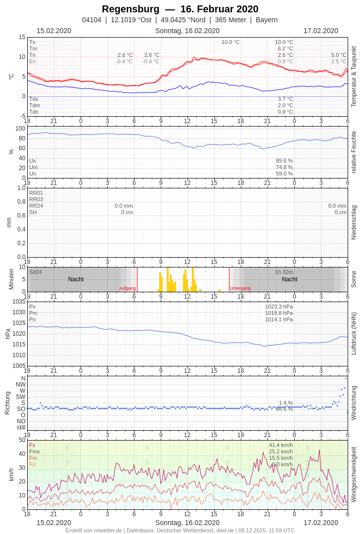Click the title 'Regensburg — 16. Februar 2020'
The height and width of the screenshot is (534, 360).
click(180, 9)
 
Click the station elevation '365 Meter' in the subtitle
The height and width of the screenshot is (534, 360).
click(230, 20)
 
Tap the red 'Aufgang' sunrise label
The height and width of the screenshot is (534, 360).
click(127, 288)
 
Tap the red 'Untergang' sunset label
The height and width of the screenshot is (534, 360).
click(240, 288)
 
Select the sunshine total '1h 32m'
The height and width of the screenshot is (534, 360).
click(284, 272)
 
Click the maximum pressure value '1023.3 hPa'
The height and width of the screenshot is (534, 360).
click(279, 307)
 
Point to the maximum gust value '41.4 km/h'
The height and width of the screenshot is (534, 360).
click(281, 445)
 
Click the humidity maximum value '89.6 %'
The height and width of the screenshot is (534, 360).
click(284, 161)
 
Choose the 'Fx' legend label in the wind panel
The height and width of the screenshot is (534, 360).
click(32, 445)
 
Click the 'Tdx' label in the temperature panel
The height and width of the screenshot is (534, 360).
click(34, 99)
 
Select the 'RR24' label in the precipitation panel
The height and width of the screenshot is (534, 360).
click(36, 206)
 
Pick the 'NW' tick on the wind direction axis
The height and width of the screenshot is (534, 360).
click(21, 384)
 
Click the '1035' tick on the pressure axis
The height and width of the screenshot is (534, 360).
click(19, 302)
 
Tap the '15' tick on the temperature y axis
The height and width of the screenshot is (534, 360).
click(22, 37)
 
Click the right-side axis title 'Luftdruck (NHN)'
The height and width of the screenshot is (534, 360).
click(354, 333)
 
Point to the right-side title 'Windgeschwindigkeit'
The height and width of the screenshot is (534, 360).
click(354, 475)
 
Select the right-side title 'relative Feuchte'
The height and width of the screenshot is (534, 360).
click(354, 152)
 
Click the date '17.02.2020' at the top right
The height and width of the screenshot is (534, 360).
click(321, 31)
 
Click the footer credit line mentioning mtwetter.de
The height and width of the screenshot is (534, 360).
click(180, 530)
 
